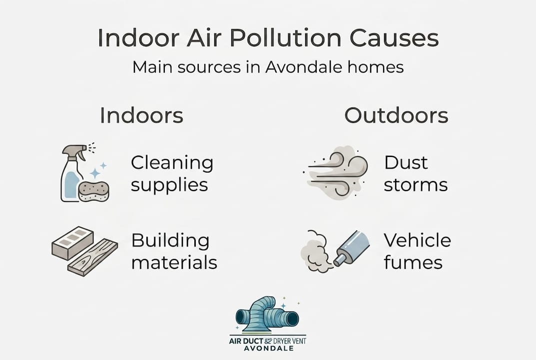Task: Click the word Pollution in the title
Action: [x=285, y=37]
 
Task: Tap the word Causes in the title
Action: [x=394, y=37]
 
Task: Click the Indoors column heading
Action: [x=141, y=115]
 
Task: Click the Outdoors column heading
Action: [x=396, y=115]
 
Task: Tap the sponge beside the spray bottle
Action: [x=94, y=190]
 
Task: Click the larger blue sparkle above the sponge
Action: [x=95, y=173]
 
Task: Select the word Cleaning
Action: [x=172, y=163]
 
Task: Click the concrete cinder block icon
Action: [x=72, y=242]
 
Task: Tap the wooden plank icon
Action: [x=92, y=256]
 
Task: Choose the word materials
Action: [x=174, y=263]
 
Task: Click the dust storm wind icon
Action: [x=336, y=172]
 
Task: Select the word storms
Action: [x=416, y=185]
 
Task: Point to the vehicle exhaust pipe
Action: [x=352, y=247]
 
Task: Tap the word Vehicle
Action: [x=418, y=240]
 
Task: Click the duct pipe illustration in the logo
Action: [x=267, y=314]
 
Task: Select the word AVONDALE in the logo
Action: [x=269, y=348]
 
